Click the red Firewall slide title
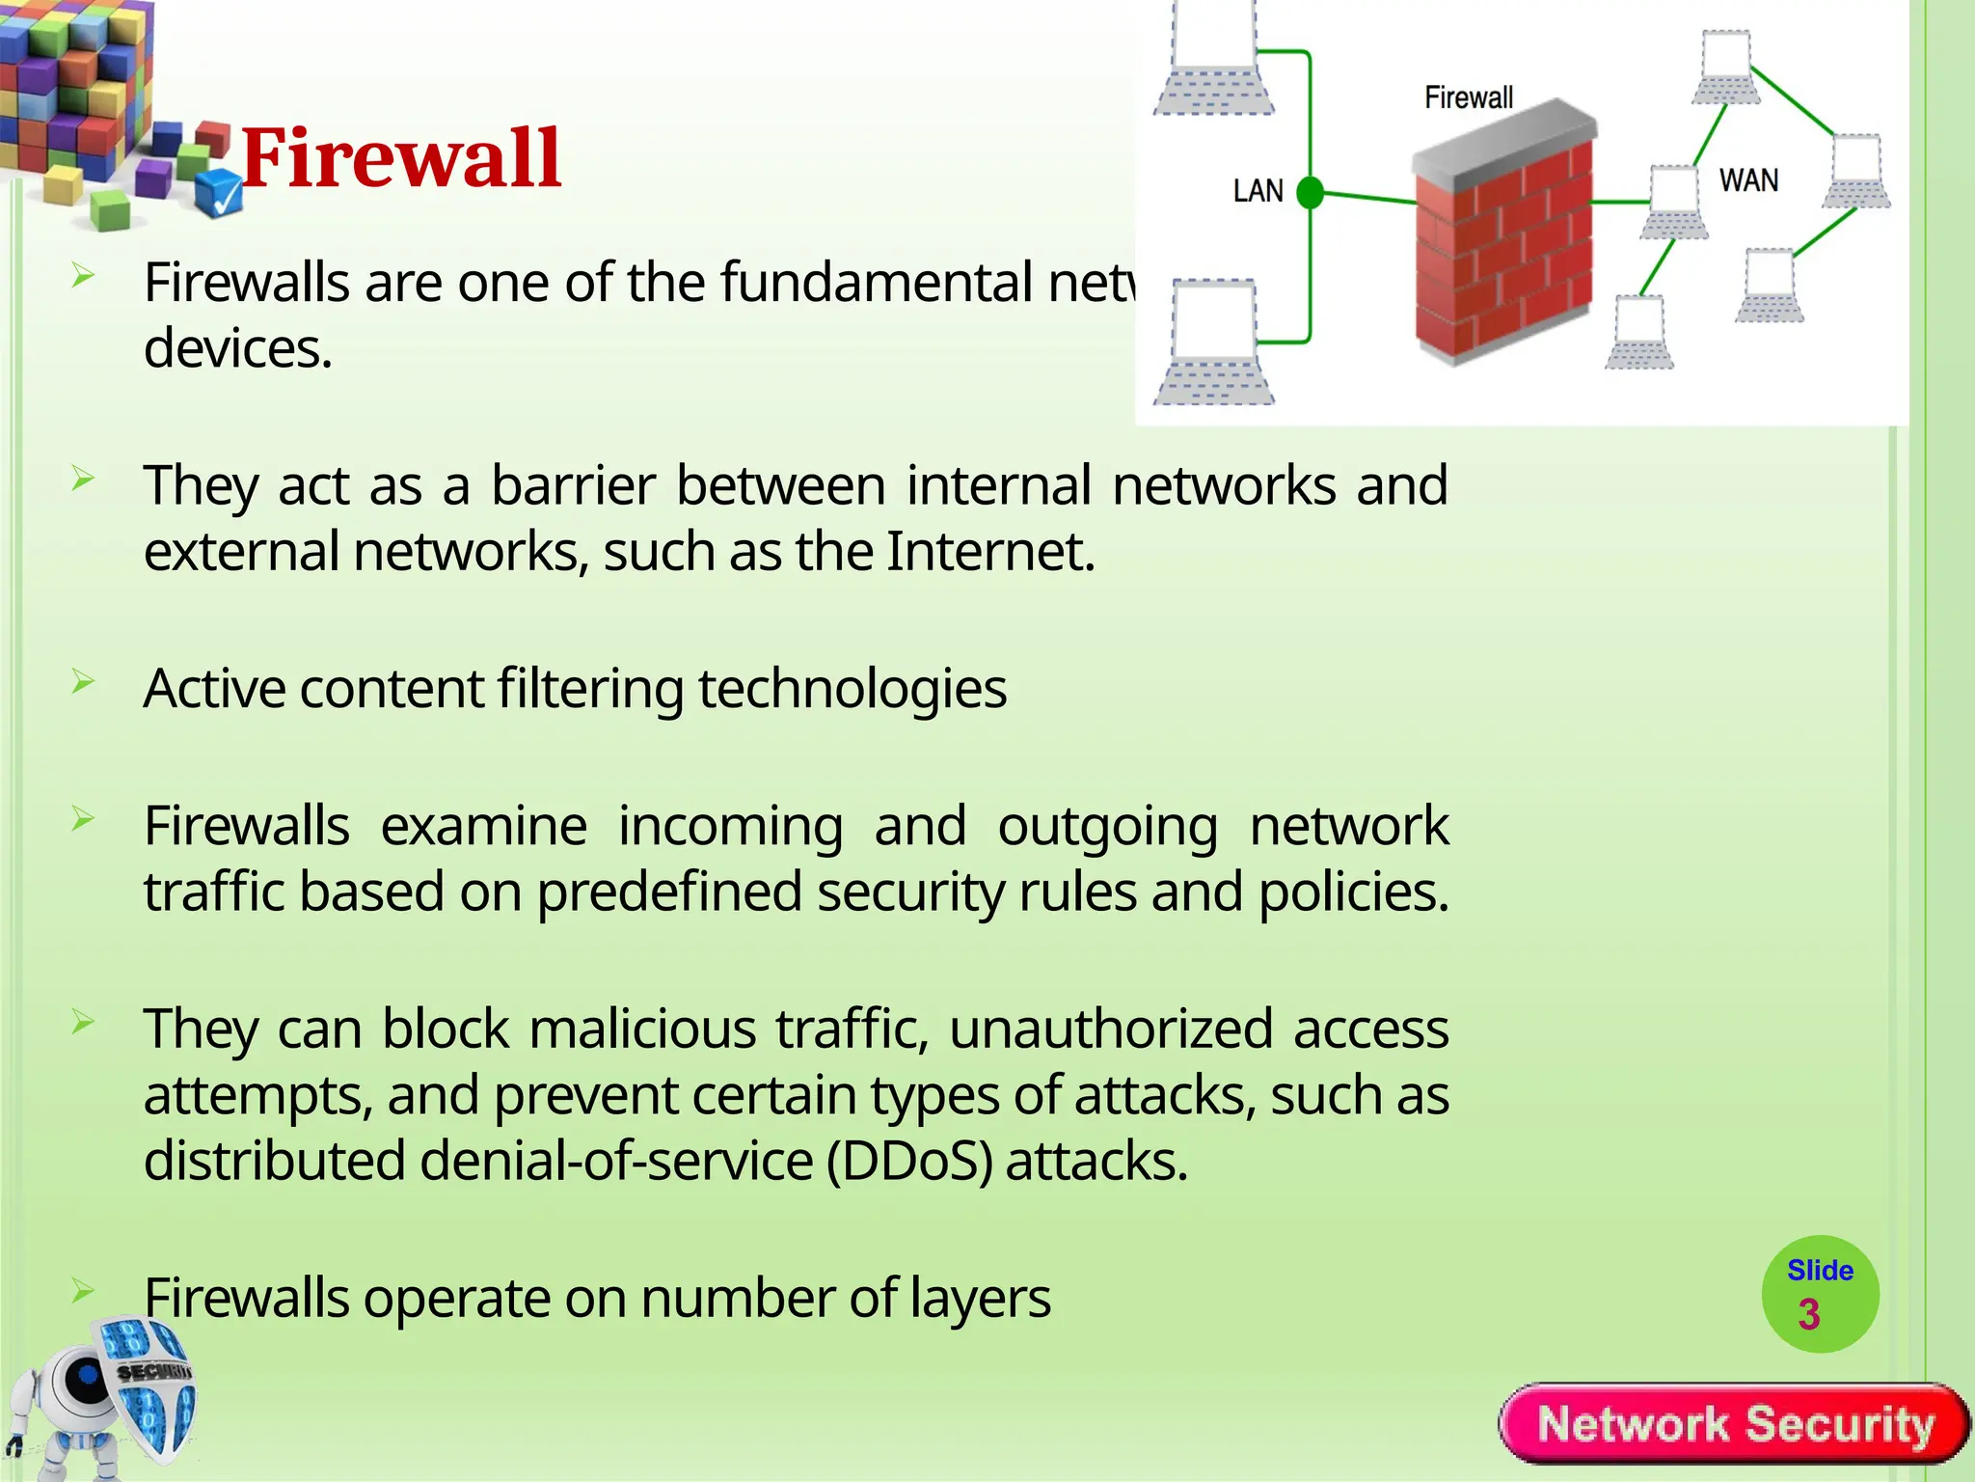click(400, 158)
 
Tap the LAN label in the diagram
click(1258, 191)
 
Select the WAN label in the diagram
click(1748, 180)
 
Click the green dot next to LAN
click(1310, 193)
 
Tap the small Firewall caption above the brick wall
click(1468, 97)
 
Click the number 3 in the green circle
click(1808, 1314)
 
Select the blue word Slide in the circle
click(1820, 1271)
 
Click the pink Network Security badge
click(1735, 1424)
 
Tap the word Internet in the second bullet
click(990, 552)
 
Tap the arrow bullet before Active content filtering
click(83, 683)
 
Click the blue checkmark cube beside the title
click(219, 193)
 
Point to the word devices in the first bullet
click(237, 349)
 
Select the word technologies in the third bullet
click(852, 690)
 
